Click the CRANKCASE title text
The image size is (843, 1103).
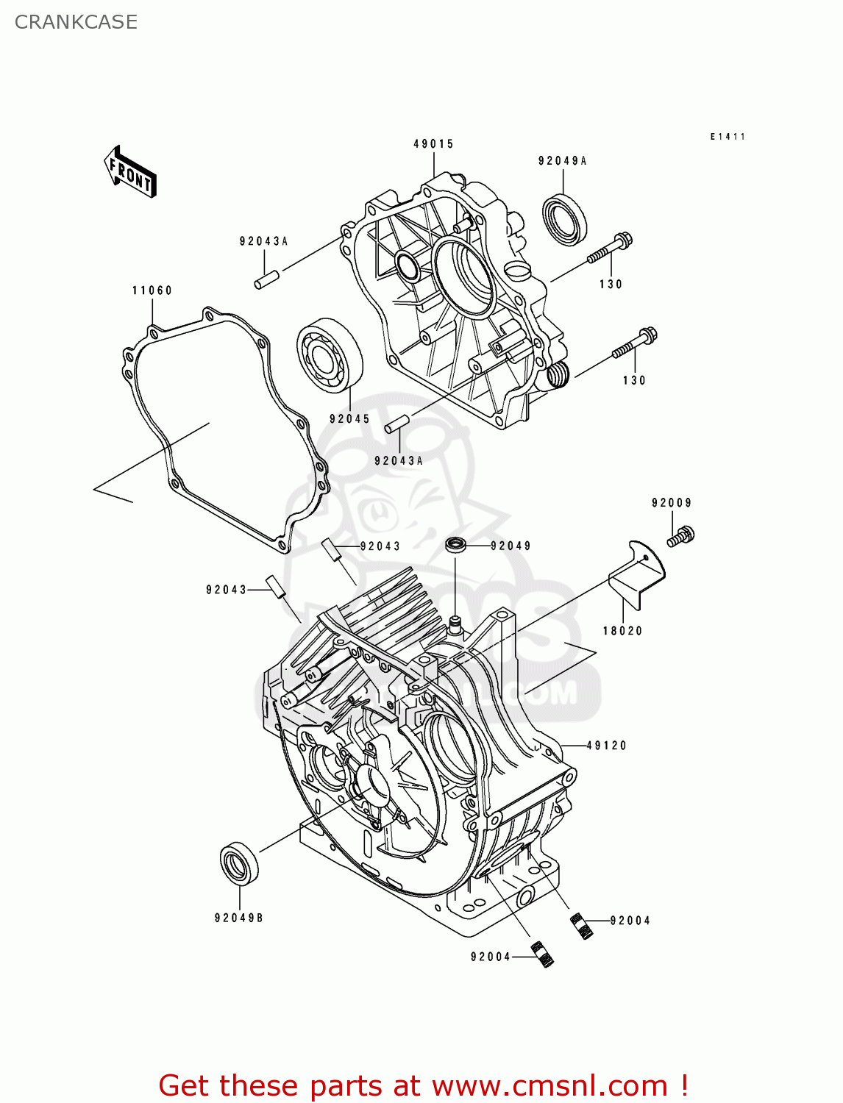(76, 22)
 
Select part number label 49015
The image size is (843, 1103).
(433, 144)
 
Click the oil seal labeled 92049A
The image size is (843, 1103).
(565, 218)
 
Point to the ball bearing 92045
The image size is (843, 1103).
(330, 354)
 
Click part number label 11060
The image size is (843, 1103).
(152, 290)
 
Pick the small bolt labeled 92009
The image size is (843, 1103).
(681, 536)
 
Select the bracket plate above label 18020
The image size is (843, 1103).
(637, 574)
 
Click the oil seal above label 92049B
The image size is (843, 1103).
(240, 863)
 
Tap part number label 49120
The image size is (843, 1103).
(607, 746)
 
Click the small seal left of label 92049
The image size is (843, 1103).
(456, 546)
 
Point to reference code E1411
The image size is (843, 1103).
(728, 137)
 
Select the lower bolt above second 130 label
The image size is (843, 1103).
(634, 345)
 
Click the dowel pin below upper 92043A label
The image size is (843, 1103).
(267, 280)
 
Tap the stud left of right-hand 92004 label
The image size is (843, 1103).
(583, 926)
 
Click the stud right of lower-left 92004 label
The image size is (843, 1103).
(542, 954)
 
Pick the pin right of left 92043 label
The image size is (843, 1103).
(275, 587)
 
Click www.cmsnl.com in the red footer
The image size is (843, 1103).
(549, 1085)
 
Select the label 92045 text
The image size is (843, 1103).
(349, 419)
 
